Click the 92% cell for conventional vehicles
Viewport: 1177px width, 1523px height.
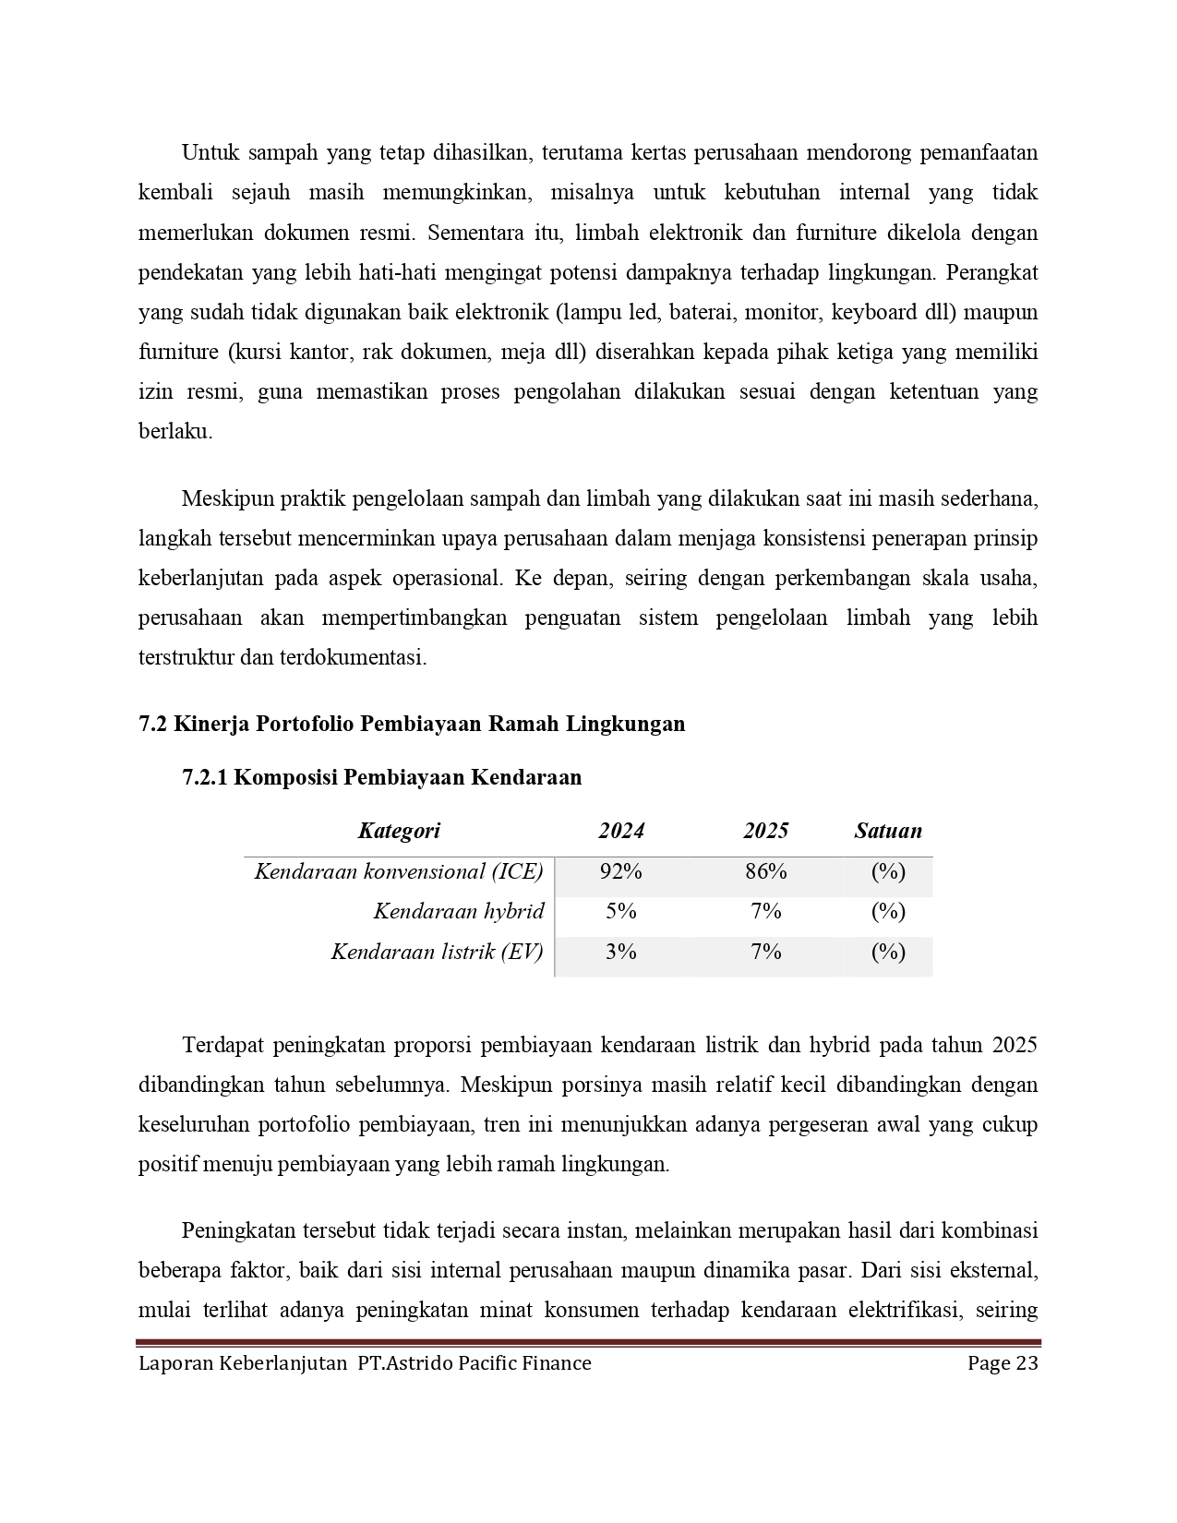pyautogui.click(x=620, y=871)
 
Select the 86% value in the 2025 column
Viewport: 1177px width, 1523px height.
pyautogui.click(x=766, y=871)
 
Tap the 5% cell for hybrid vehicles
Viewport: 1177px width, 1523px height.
pyautogui.click(x=620, y=911)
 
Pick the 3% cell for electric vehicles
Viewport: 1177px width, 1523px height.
pyautogui.click(x=620, y=951)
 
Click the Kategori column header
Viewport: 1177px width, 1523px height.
pyautogui.click(x=399, y=831)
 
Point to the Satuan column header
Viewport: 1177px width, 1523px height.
pyautogui.click(x=887, y=831)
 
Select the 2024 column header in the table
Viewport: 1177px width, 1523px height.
pyautogui.click(x=620, y=831)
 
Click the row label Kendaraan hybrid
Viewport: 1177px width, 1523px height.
pyautogui.click(x=458, y=911)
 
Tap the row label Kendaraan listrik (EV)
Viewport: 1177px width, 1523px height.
pyautogui.click(x=437, y=951)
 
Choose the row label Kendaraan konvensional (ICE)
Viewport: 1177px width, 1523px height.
pyautogui.click(x=399, y=871)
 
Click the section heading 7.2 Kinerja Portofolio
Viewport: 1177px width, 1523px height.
pyautogui.click(x=412, y=724)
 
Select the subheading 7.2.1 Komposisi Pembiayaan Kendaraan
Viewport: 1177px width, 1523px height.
pyautogui.click(x=382, y=777)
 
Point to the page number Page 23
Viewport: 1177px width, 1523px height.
pyautogui.click(x=1003, y=1363)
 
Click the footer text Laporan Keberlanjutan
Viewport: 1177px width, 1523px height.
pyautogui.click(x=242, y=1363)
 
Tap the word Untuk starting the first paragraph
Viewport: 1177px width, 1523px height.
pyautogui.click(x=209, y=152)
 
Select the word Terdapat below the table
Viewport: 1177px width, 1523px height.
pyautogui.click(x=223, y=1045)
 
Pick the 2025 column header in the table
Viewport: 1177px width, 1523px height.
pyautogui.click(x=766, y=831)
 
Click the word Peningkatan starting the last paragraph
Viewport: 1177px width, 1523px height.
pyautogui.click(x=238, y=1230)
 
